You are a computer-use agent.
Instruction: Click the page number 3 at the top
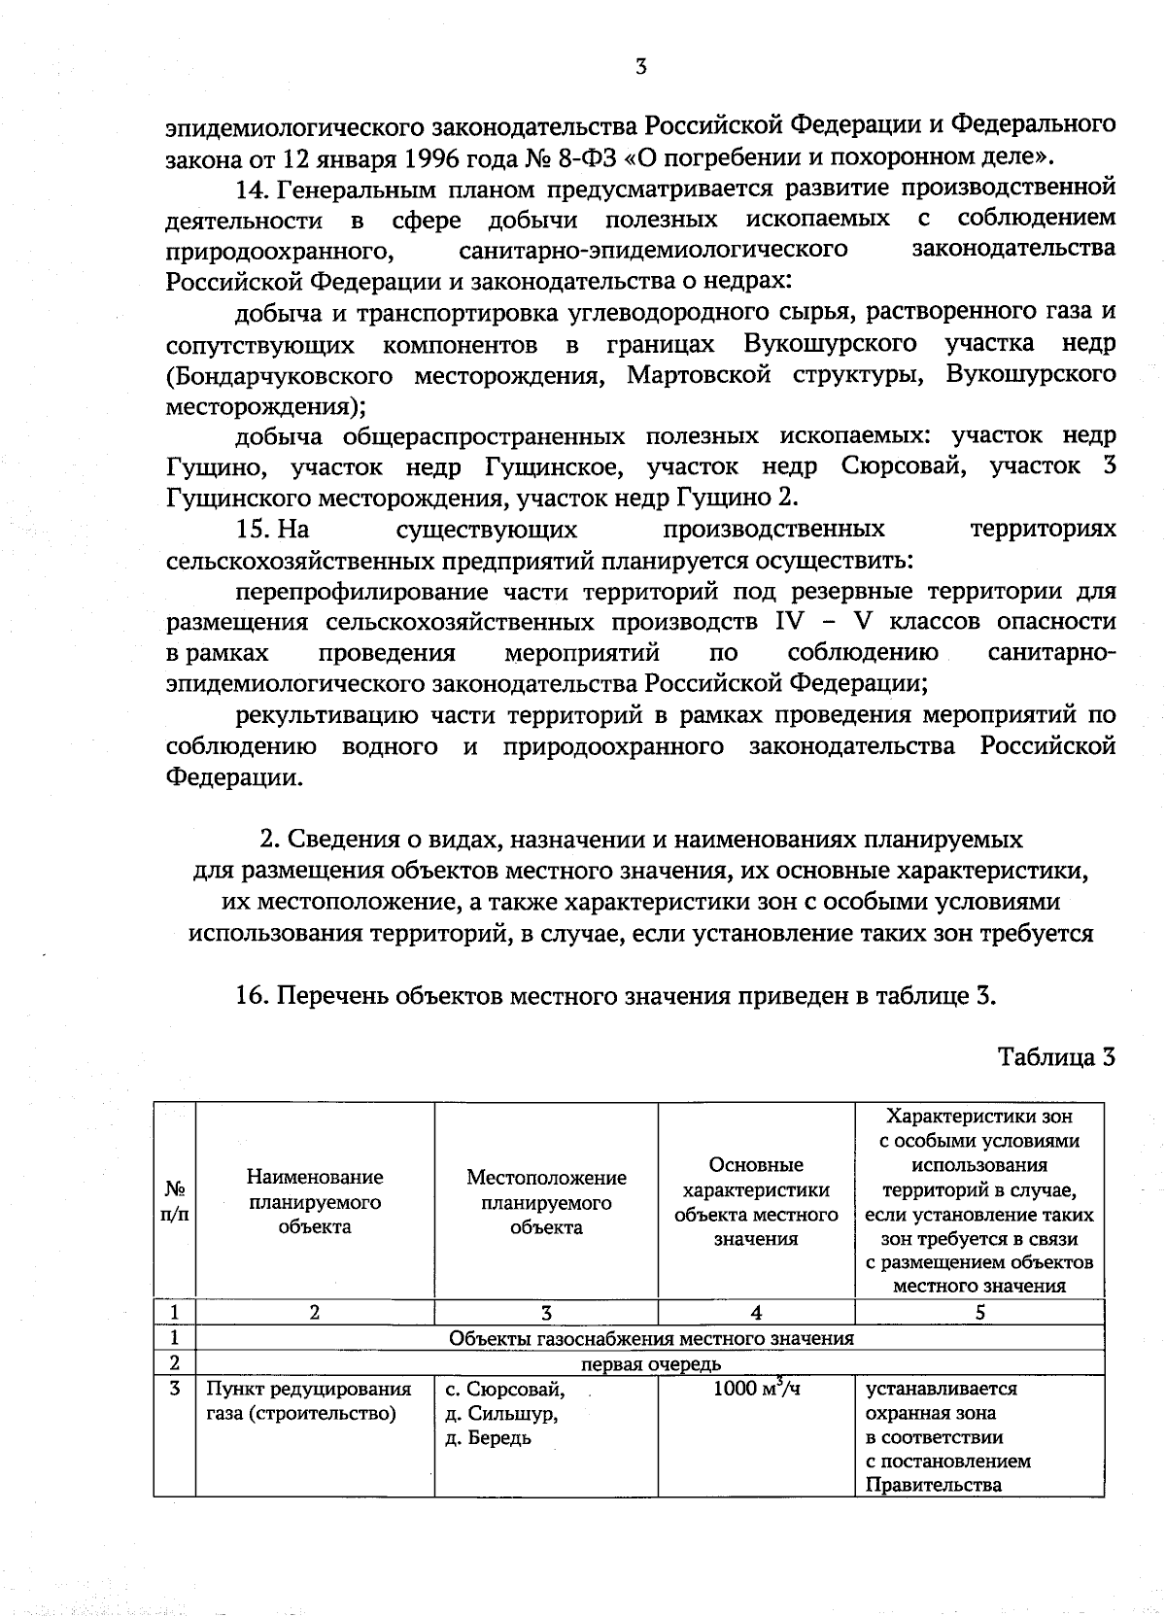click(640, 67)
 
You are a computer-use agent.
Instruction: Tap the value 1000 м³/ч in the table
click(756, 1389)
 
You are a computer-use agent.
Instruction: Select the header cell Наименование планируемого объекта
click(315, 1201)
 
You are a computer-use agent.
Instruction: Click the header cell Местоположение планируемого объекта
click(546, 1202)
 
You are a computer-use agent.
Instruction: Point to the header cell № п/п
click(175, 1201)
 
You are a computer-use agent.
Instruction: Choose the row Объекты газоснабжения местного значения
click(651, 1338)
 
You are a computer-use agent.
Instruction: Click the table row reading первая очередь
click(651, 1363)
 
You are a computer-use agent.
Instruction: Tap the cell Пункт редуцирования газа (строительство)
click(309, 1400)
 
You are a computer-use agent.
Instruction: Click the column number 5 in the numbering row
click(979, 1313)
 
